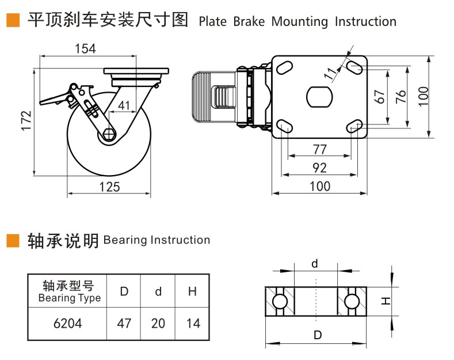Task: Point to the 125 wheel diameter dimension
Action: [x=109, y=186]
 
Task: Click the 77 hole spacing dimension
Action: [x=319, y=149]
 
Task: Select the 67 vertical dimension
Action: [x=379, y=97]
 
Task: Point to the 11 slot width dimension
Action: [x=330, y=73]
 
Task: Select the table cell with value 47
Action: [x=124, y=323]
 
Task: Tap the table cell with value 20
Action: [x=158, y=323]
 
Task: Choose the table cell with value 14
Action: [x=193, y=323]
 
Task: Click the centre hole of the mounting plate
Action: [x=319, y=96]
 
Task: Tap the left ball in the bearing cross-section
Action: [x=280, y=302]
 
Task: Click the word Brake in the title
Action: [x=250, y=22]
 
